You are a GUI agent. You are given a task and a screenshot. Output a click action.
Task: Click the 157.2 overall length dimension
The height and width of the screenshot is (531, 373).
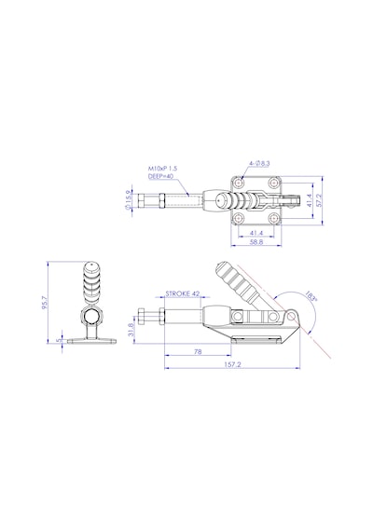[x=232, y=364]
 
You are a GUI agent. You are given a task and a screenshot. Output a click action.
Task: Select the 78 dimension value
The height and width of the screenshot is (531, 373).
[x=198, y=351]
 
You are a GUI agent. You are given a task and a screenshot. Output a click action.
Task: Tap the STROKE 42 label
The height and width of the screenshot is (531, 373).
[x=183, y=293]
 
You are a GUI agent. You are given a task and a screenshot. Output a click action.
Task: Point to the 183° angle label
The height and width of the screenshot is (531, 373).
[x=311, y=296]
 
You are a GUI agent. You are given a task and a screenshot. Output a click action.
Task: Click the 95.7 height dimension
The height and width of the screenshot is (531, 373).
[x=45, y=303]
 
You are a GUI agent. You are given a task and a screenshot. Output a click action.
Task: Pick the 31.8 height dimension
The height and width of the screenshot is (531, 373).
[x=131, y=329]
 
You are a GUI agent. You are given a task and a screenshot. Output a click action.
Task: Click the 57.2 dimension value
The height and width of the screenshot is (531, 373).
[x=318, y=200]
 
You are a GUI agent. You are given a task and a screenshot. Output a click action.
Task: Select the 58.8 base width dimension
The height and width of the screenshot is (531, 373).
[x=256, y=242]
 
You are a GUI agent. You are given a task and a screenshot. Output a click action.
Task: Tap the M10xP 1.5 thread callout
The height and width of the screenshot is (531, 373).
[x=163, y=168]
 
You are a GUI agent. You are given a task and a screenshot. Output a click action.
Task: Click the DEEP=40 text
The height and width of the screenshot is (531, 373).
[x=160, y=176]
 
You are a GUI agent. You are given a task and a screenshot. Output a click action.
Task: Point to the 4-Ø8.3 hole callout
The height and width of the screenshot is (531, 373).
[x=259, y=164]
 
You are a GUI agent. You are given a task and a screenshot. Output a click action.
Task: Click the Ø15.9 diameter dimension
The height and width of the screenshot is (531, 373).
[x=128, y=200]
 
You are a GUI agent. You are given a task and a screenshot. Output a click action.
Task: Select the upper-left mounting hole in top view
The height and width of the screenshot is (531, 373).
[x=240, y=184]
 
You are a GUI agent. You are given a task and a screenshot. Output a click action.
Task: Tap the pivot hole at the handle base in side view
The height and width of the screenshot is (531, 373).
[x=291, y=317]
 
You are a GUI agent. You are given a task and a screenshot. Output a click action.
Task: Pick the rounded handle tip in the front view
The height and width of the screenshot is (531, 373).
[x=90, y=266]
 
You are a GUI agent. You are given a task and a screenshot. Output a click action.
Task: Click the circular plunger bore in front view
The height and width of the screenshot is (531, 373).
[x=90, y=317]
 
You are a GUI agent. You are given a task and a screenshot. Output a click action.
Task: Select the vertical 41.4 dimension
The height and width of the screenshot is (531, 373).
[x=309, y=200]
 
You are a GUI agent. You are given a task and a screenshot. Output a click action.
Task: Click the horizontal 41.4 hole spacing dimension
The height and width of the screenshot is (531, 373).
[x=256, y=233]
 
